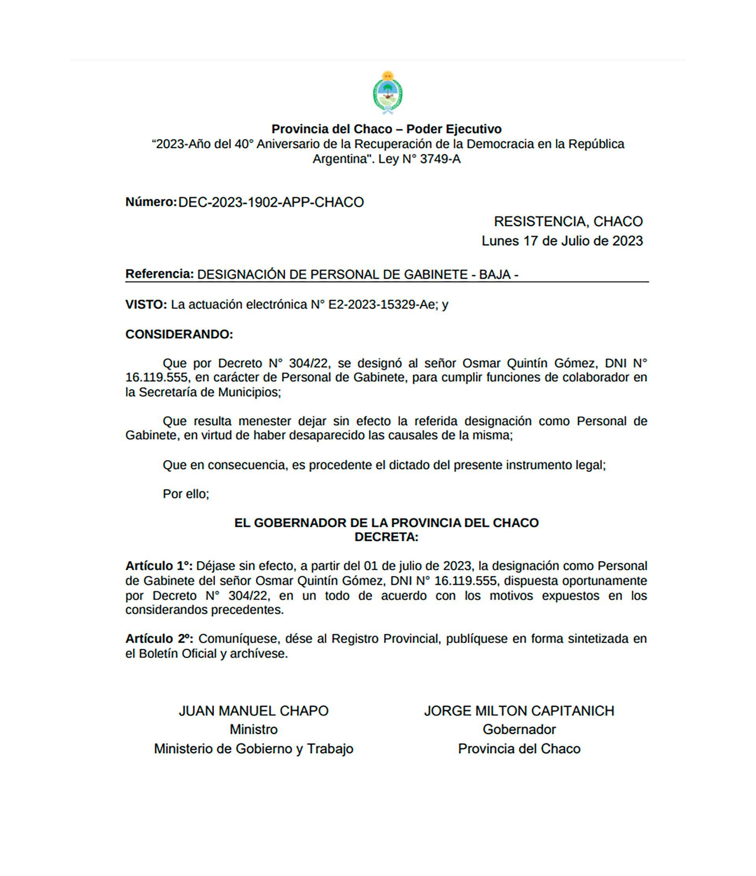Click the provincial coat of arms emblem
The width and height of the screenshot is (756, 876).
click(387, 93)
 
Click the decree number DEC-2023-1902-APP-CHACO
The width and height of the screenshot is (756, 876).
click(271, 202)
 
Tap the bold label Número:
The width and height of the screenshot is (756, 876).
click(150, 202)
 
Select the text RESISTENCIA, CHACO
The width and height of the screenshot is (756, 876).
click(568, 222)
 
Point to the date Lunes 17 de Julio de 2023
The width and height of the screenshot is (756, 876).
click(562, 241)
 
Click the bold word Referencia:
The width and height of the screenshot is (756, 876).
click(159, 274)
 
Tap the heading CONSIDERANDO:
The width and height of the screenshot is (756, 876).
click(179, 334)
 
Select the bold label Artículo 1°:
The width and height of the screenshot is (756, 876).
click(159, 566)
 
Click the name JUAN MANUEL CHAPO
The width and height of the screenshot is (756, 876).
click(253, 711)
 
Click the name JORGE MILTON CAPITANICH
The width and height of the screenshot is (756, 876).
click(519, 711)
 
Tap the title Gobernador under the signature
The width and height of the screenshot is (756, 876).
click(519, 729)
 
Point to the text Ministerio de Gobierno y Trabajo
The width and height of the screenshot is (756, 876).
click(253, 748)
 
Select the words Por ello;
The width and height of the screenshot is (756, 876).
click(185, 494)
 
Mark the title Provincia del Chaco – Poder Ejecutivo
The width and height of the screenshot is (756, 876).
click(386, 129)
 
